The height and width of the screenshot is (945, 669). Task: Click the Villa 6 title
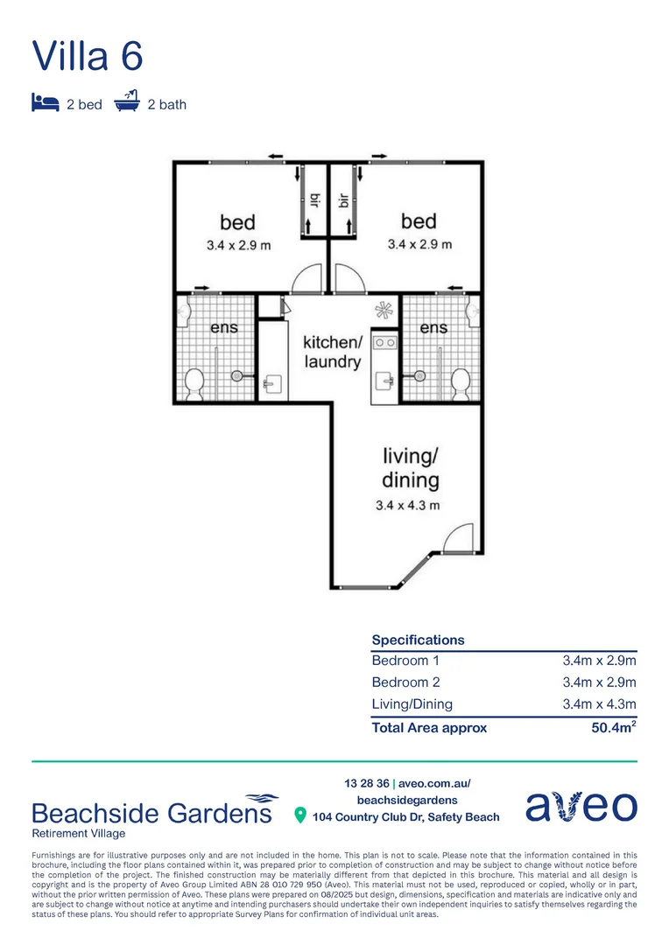88,56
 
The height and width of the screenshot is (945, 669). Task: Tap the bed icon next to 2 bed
45,103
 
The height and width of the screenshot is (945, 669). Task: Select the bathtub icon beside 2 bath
128,102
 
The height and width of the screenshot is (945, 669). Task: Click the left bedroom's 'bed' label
237,222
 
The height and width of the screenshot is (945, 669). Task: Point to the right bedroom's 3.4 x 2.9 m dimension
417,244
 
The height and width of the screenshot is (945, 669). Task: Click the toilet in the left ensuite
194,382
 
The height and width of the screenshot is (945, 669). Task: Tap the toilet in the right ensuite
460,381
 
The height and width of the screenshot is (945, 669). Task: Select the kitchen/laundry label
332,351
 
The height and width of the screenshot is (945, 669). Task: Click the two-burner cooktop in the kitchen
384,343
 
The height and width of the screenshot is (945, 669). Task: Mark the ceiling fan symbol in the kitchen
384,310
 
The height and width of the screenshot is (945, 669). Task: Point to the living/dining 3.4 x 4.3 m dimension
407,505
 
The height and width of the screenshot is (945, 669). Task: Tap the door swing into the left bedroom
309,278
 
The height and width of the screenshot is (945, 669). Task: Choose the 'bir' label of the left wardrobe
313,200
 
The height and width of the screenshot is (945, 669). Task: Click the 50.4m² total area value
614,727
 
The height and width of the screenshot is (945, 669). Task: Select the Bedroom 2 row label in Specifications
405,682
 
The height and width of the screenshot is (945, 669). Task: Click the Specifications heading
418,640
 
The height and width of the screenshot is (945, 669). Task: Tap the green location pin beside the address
300,816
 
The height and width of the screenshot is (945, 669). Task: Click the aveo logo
581,807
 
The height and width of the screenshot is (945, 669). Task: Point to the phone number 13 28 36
366,784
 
